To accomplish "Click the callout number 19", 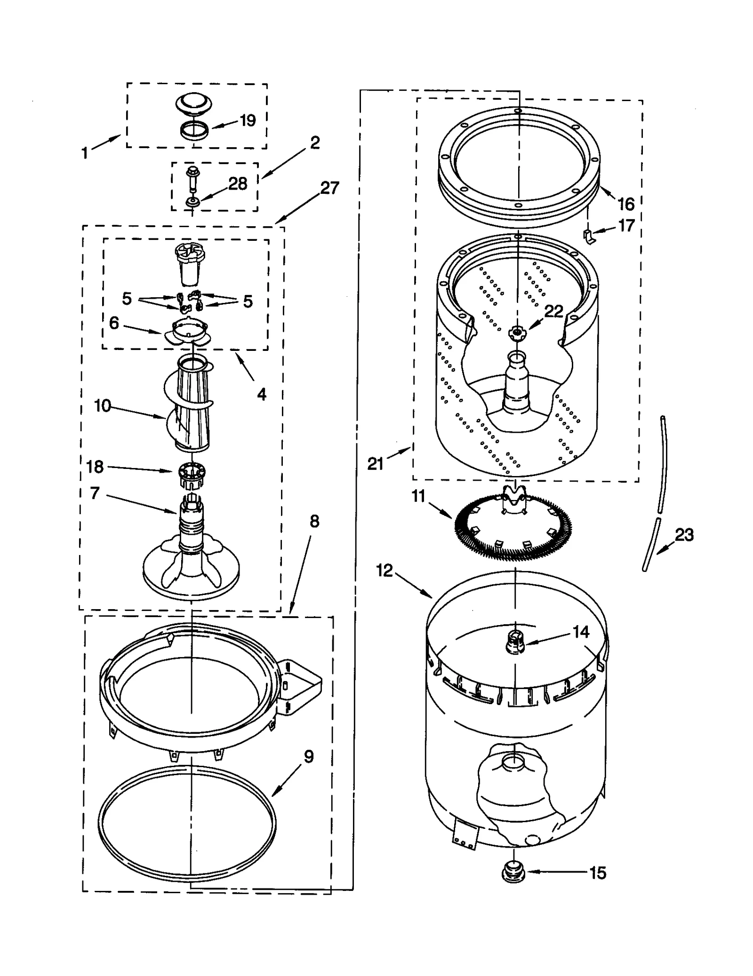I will click(x=248, y=120).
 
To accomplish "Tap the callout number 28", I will click(x=238, y=183).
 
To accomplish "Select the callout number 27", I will click(x=329, y=188).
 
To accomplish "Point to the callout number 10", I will click(x=103, y=405).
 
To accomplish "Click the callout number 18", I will click(x=95, y=467).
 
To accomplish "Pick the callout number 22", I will click(x=554, y=311).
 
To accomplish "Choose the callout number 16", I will click(x=626, y=204).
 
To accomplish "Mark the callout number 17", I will click(x=626, y=226).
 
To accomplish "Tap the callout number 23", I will click(x=684, y=535).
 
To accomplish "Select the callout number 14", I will click(x=581, y=632).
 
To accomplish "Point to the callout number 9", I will click(x=309, y=756).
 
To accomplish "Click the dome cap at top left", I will click(x=193, y=104).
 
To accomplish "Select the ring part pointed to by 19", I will click(x=194, y=130).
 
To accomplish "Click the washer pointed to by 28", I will click(x=192, y=202).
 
